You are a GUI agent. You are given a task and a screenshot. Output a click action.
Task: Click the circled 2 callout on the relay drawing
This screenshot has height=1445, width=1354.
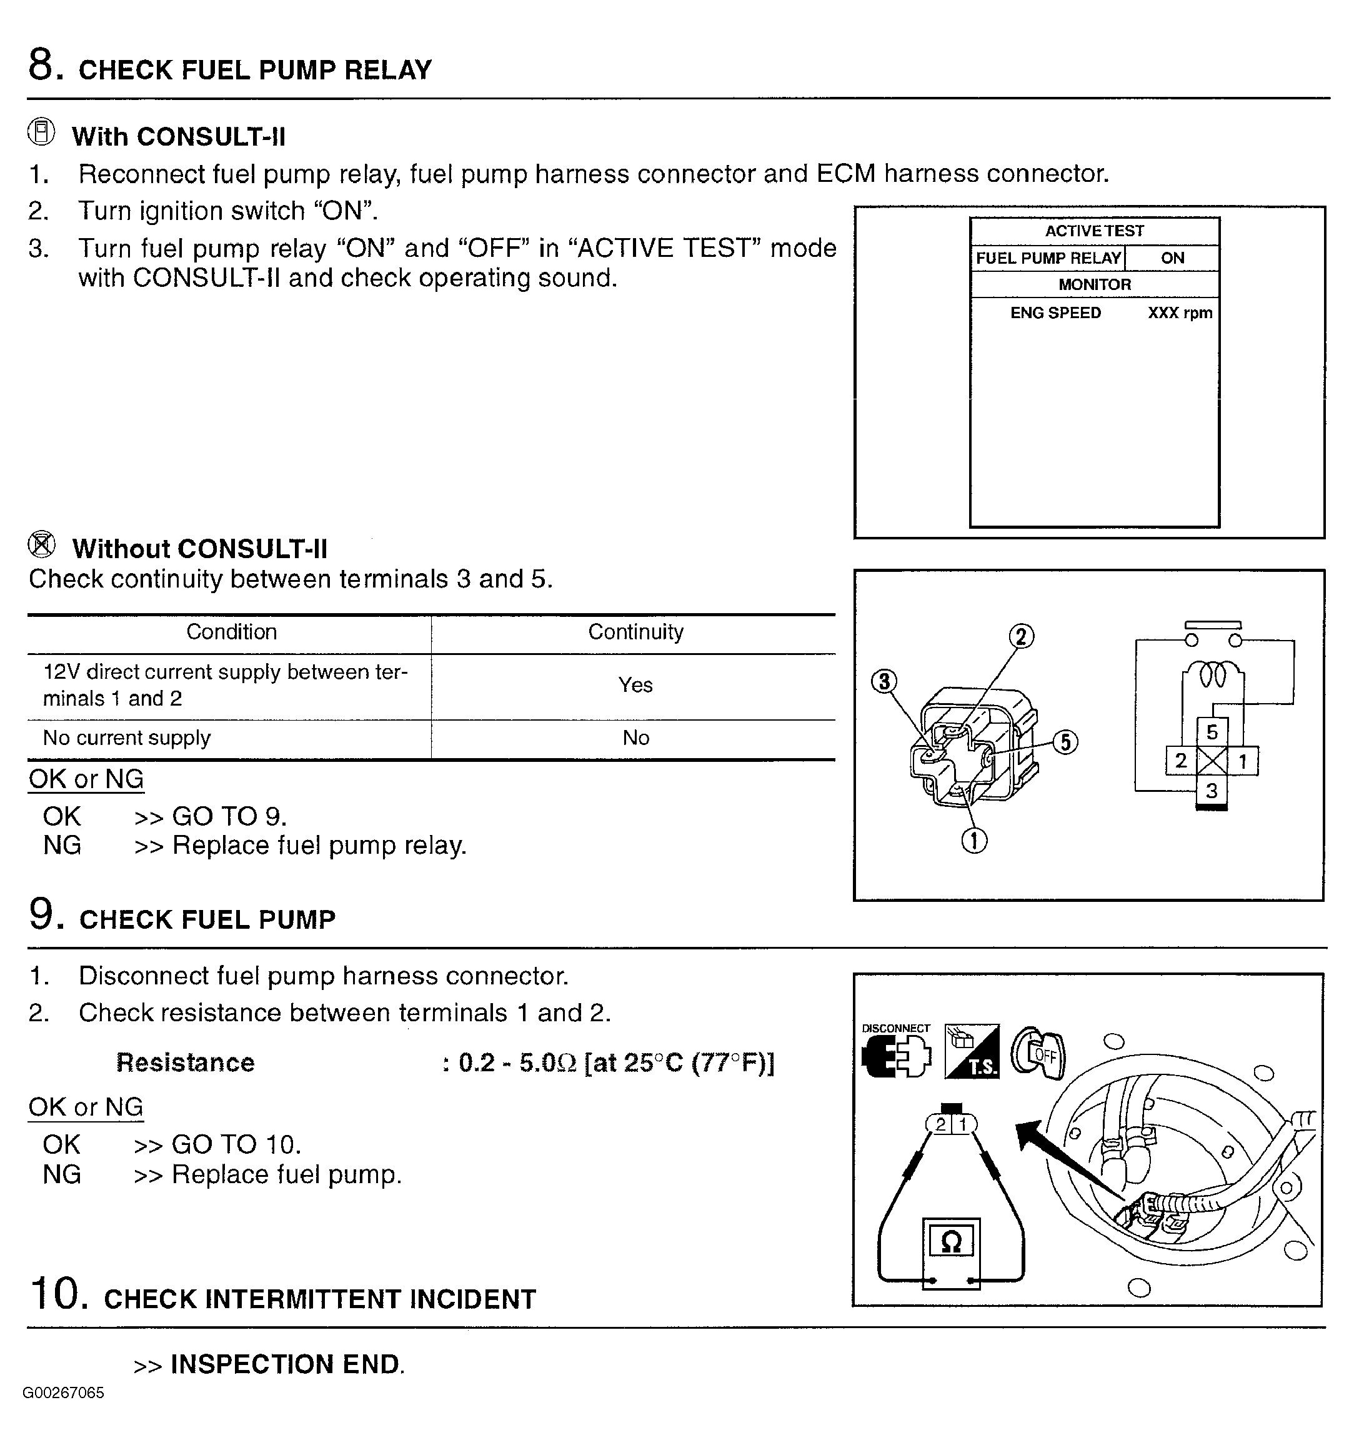pos(1021,637)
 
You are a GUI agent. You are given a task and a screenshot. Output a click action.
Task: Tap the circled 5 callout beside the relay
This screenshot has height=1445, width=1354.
pos(1065,742)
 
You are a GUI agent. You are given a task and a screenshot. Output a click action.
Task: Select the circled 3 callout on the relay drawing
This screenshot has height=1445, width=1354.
pos(884,681)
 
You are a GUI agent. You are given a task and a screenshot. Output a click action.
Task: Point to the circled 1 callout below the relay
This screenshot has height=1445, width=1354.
pos(974,841)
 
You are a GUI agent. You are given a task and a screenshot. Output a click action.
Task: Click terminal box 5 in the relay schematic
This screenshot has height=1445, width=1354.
pos(1212,732)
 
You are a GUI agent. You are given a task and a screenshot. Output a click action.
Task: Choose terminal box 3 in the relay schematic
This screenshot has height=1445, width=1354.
pos(1212,791)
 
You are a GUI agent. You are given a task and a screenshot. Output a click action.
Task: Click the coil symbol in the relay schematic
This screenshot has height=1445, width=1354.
pos(1212,675)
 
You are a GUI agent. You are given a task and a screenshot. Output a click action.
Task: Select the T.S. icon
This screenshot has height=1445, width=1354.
pos(972,1052)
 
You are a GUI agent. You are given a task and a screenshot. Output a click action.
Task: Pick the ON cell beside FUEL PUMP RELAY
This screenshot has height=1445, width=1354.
pos(1172,258)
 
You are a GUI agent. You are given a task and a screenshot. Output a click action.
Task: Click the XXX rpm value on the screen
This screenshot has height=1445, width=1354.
pos(1180,313)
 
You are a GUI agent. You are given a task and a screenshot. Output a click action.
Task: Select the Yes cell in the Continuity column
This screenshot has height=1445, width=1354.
pos(635,685)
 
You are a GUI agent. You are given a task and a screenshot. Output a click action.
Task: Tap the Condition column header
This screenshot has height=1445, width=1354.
pos(231,632)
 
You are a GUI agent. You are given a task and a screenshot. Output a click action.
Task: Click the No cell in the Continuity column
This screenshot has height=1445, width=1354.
pos(635,737)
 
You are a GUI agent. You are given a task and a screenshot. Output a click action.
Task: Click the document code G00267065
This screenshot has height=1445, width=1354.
pos(63,1392)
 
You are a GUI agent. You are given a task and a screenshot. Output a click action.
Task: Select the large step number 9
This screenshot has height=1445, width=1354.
pos(42,914)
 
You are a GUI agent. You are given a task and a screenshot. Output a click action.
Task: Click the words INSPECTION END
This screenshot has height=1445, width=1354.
pos(287,1364)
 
